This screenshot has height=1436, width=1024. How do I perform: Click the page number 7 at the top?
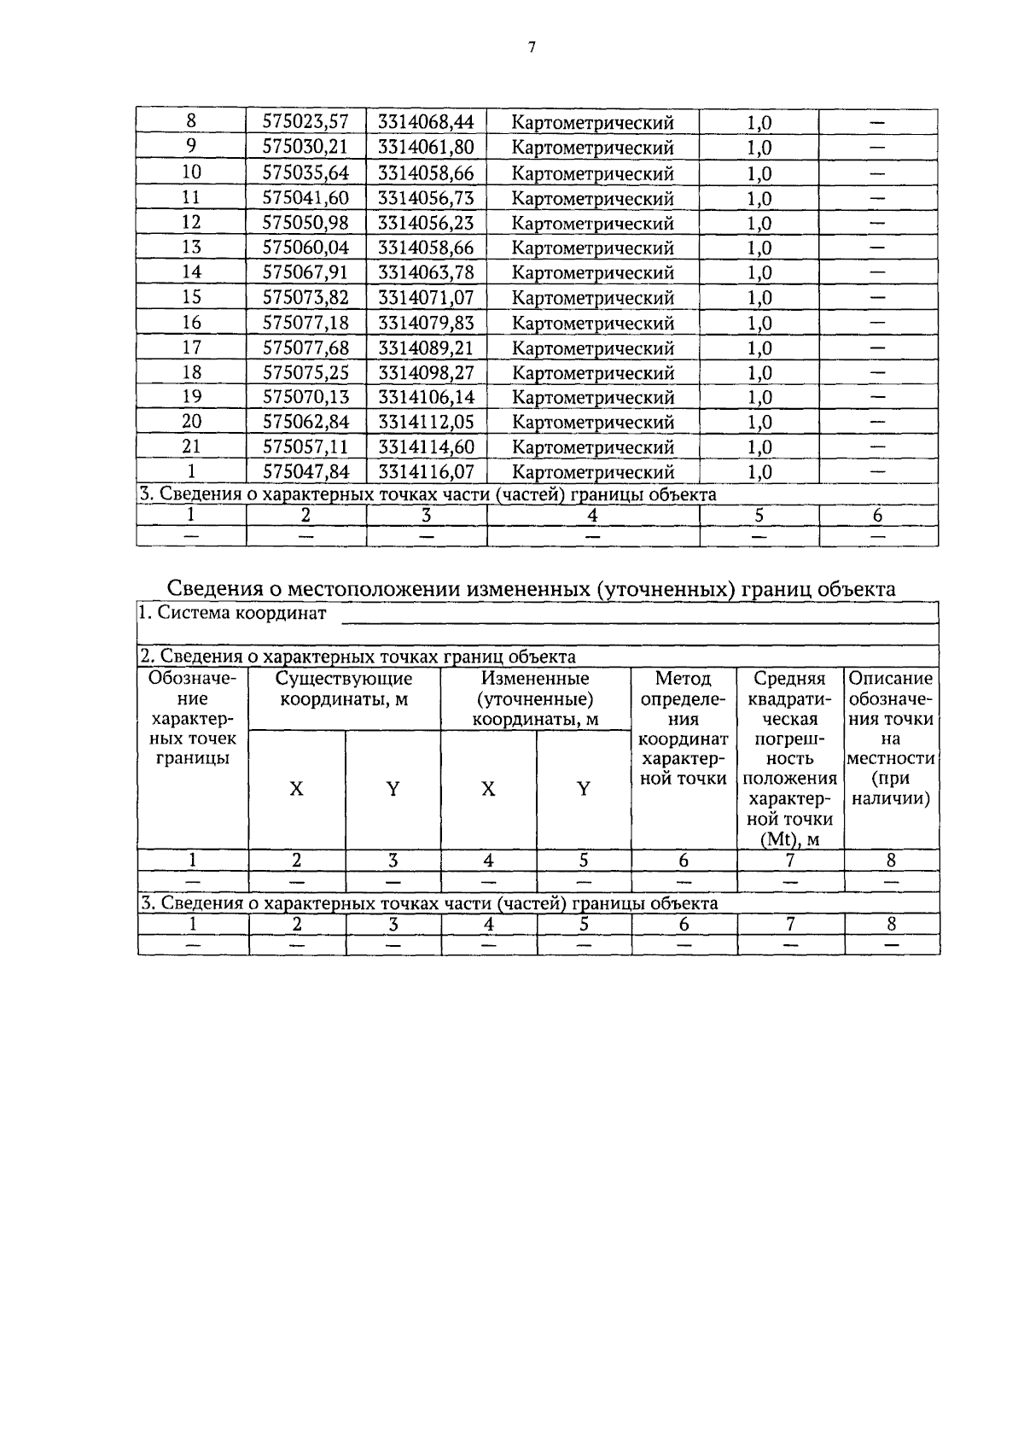[x=531, y=49]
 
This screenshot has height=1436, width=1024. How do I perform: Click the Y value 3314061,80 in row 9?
[x=426, y=147]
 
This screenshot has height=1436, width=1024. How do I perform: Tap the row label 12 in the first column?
[x=191, y=222]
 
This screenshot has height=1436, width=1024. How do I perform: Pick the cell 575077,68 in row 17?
[x=305, y=347]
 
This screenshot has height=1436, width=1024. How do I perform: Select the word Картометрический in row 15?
[x=592, y=298]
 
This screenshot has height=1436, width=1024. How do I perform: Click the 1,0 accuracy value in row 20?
[x=759, y=423]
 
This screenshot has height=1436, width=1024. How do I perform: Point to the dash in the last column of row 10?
[x=877, y=173]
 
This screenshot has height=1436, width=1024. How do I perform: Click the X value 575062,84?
[x=305, y=423]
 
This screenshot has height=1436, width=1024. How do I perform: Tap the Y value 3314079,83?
[x=426, y=323]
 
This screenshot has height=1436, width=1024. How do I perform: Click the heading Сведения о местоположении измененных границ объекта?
[x=531, y=589]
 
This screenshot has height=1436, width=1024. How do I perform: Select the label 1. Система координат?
[x=233, y=613]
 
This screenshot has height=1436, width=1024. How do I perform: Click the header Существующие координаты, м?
[x=344, y=689]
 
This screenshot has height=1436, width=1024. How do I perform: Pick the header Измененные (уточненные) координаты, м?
[x=535, y=698]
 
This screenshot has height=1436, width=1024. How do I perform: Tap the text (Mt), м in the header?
[x=789, y=839]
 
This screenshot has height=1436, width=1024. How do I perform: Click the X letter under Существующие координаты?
[x=296, y=789]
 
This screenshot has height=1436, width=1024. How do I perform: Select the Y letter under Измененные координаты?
[x=583, y=789]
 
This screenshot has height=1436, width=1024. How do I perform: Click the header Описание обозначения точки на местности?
[x=891, y=738]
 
